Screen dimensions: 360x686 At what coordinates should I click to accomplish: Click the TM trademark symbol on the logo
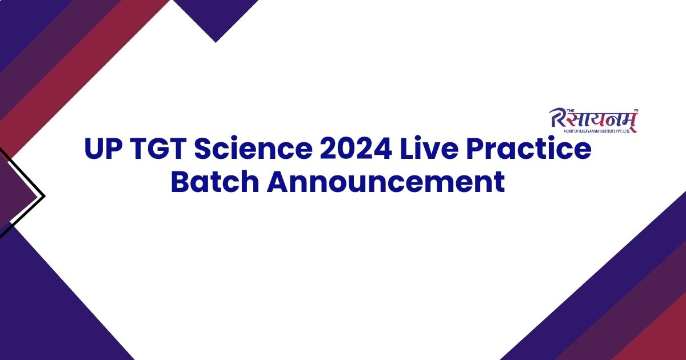pyautogui.click(x=636, y=110)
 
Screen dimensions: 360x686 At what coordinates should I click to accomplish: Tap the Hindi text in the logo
pyautogui.click(x=600, y=119)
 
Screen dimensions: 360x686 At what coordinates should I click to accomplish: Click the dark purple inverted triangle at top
pyautogui.click(x=216, y=17)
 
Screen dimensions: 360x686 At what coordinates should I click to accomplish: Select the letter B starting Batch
pyautogui.click(x=181, y=182)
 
